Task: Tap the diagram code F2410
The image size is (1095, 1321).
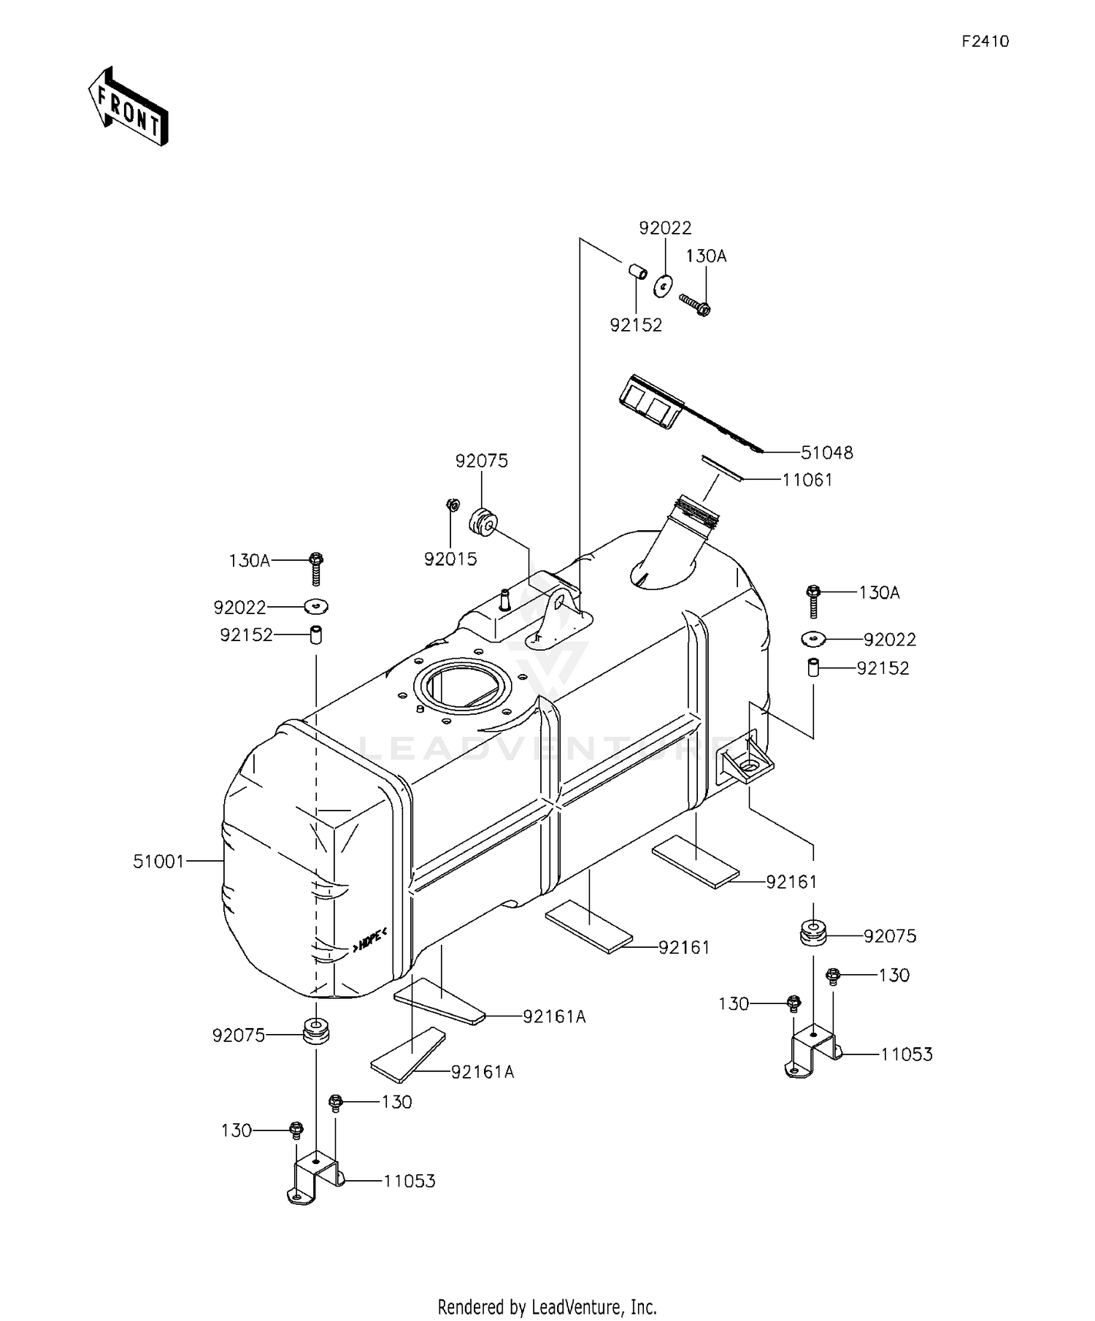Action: click(985, 42)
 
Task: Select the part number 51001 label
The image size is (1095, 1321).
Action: click(158, 862)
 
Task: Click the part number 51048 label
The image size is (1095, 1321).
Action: click(826, 453)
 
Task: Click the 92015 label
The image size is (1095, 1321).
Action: click(450, 559)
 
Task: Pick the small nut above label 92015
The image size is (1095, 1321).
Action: click(452, 504)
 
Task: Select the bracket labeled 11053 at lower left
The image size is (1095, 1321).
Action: click(314, 1179)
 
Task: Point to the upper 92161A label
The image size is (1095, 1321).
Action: click(554, 1016)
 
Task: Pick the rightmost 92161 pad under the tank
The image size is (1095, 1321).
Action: click(695, 861)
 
